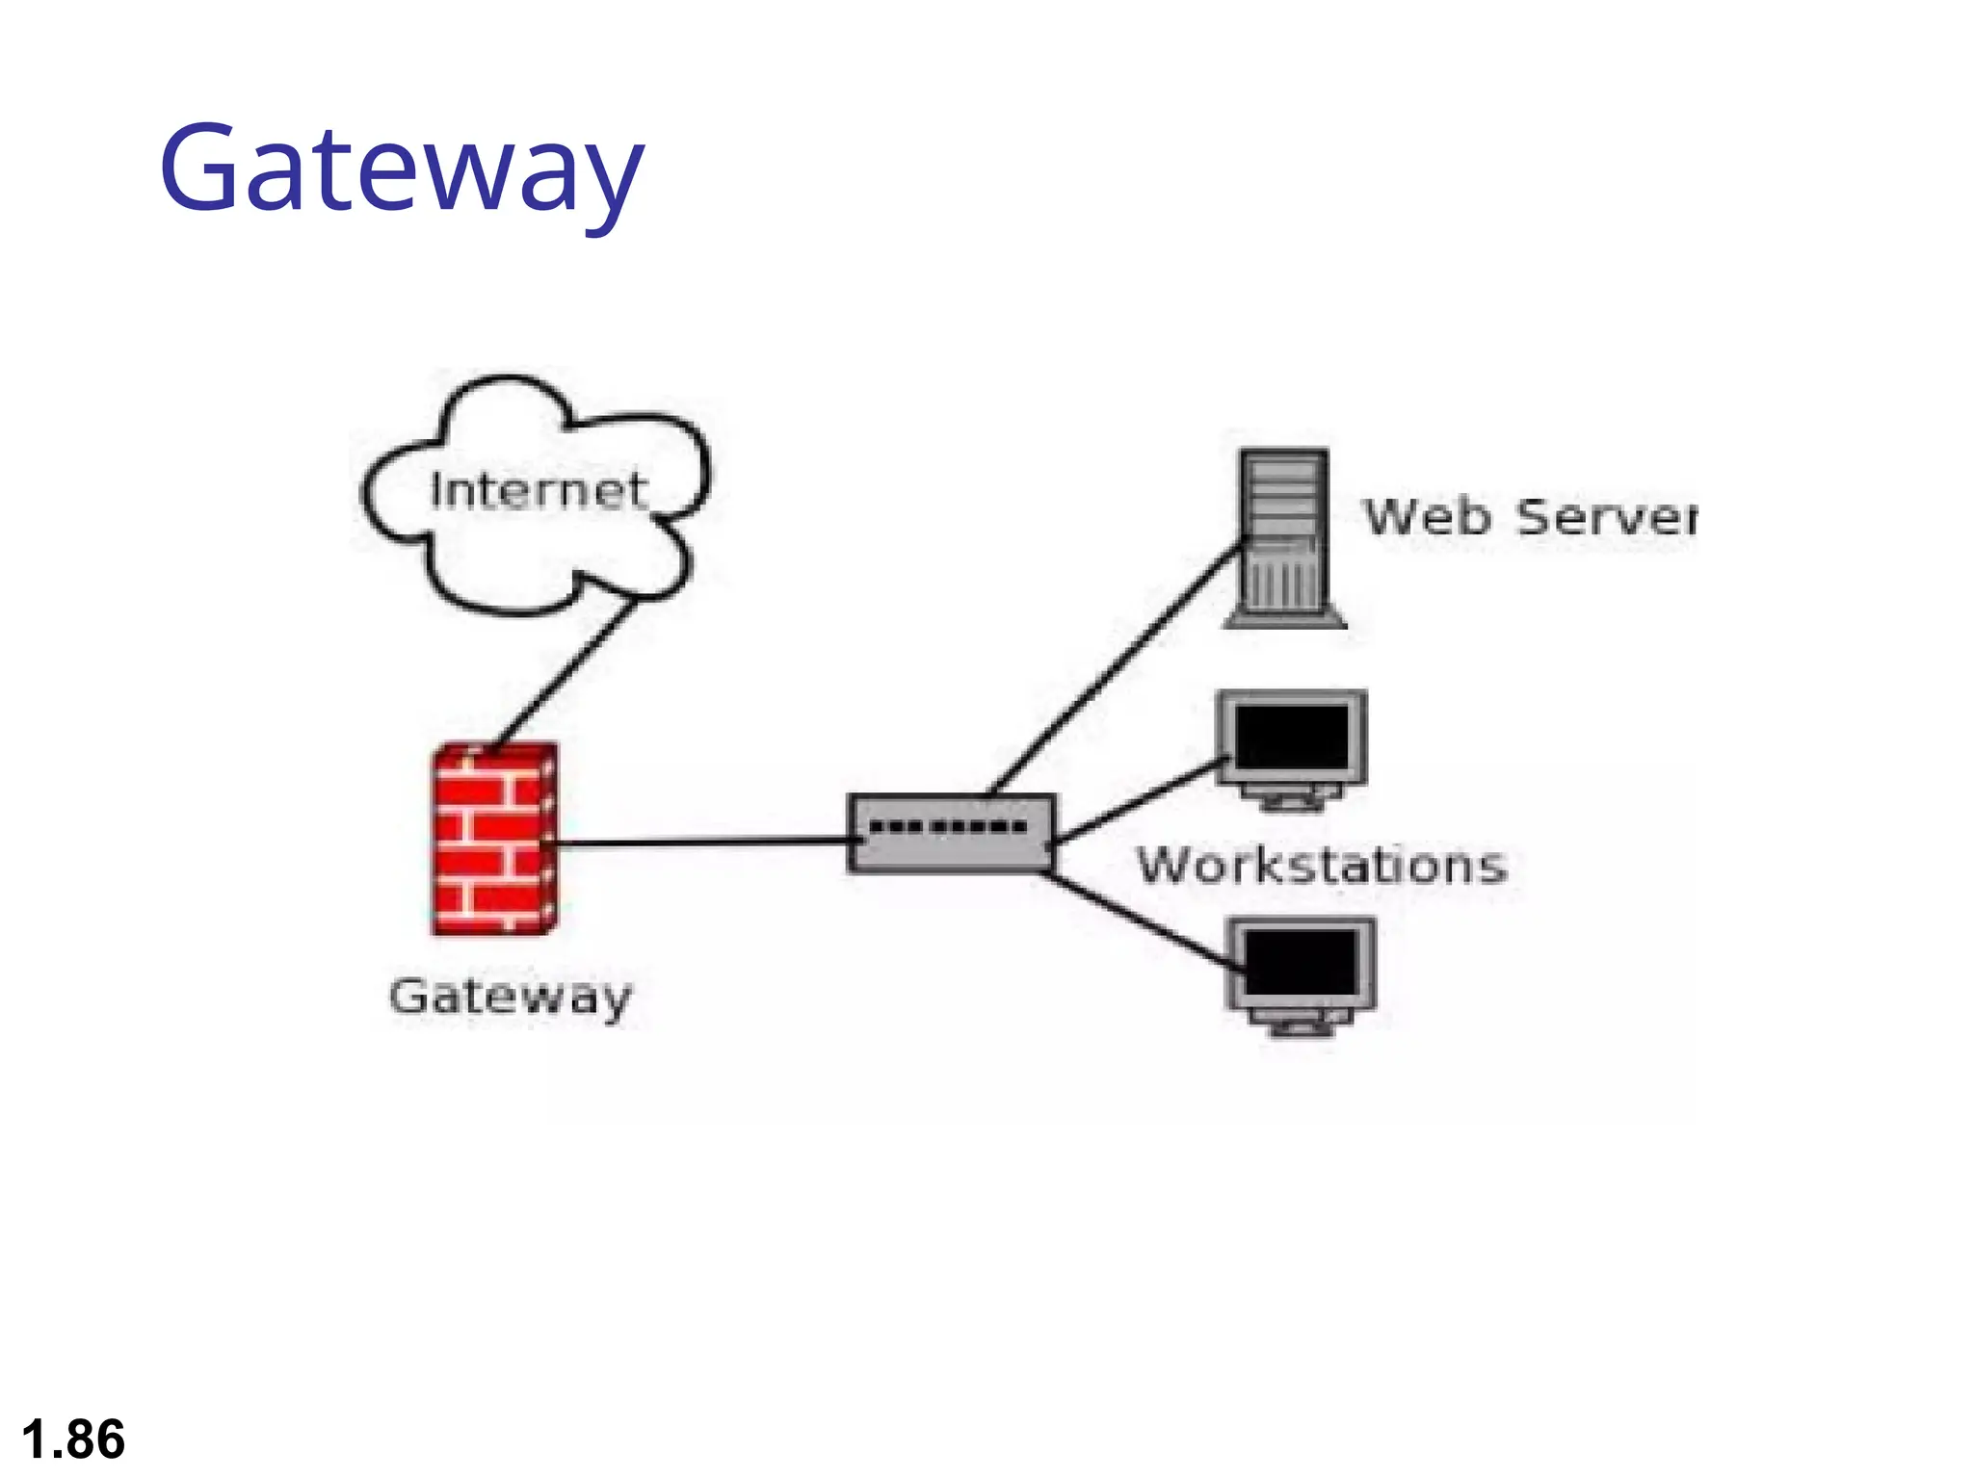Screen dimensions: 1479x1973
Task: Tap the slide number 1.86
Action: point(73,1440)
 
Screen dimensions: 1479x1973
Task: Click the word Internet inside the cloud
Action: point(538,490)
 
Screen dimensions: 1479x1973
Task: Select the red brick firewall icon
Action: point(493,839)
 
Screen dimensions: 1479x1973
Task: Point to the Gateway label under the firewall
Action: point(511,997)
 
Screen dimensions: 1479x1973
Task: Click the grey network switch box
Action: point(951,834)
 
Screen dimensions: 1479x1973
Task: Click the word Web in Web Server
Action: point(1428,517)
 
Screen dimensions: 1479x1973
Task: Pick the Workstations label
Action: point(1322,865)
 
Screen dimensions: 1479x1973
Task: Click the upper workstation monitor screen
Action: point(1292,737)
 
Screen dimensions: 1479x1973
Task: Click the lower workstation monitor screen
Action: point(1302,963)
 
